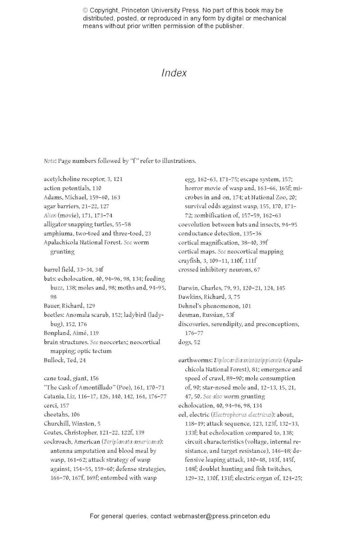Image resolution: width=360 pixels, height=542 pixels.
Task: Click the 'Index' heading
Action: [174, 73]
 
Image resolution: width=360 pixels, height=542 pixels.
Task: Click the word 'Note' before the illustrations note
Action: [49, 161]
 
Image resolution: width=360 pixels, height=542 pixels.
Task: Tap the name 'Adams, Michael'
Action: [63, 197]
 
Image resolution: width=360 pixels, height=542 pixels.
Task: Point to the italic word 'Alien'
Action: [50, 215]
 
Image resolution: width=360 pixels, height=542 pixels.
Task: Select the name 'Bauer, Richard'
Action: [63, 306]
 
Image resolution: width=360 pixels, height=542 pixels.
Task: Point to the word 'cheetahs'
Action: [55, 414]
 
